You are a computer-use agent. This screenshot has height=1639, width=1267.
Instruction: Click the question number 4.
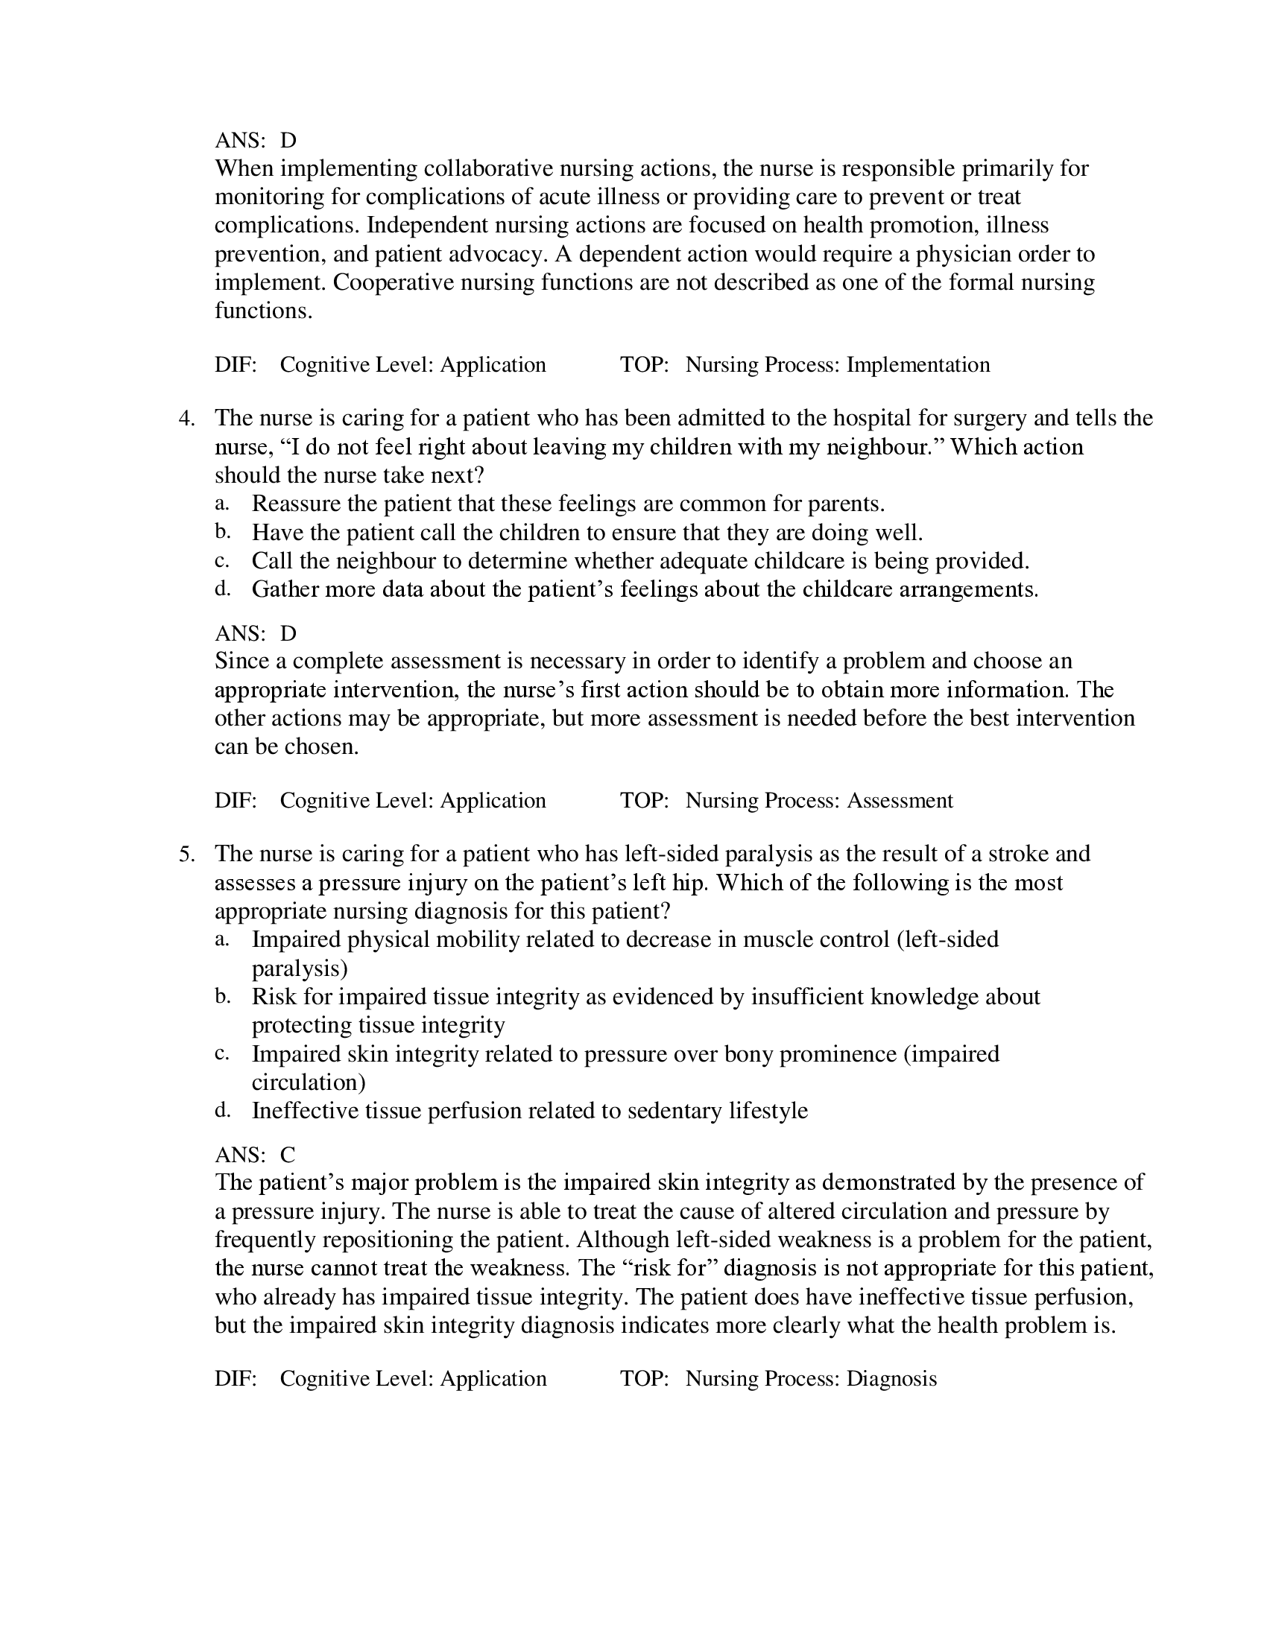(186, 419)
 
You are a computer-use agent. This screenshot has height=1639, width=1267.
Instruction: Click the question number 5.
(186, 855)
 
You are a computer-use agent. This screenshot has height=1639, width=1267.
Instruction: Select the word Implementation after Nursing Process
(918, 366)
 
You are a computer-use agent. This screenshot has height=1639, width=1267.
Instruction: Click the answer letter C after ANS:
(288, 1155)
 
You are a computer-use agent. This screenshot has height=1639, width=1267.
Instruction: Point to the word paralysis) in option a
(300, 968)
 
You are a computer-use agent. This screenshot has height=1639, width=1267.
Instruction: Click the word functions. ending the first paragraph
(262, 311)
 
